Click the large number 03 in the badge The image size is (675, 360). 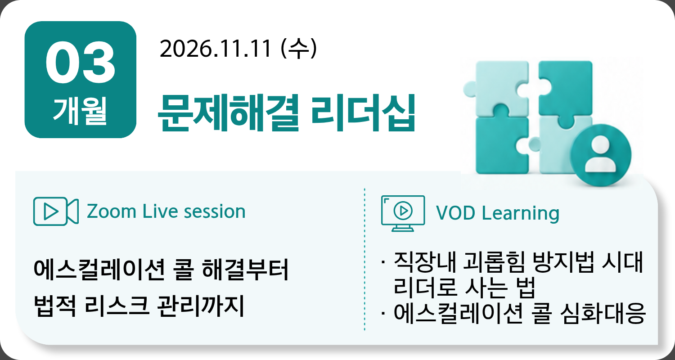pos(81,63)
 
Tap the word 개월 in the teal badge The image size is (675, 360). pos(80,111)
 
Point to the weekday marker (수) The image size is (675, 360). pos(299,49)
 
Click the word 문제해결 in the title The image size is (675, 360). pos(229,113)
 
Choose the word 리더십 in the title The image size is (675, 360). pos(363,113)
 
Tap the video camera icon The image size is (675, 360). pos(56,211)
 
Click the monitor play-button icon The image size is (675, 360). pos(403,213)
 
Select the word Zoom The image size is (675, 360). pos(112,211)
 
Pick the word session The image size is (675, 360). pos(215,211)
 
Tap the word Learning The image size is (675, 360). pos(520,214)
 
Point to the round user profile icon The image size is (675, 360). pos(601,155)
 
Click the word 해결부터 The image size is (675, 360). pos(246,269)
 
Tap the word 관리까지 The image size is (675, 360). pos(201,306)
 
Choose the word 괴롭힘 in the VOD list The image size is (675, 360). pos(494,262)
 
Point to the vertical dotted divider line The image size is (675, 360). pos(364,259)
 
